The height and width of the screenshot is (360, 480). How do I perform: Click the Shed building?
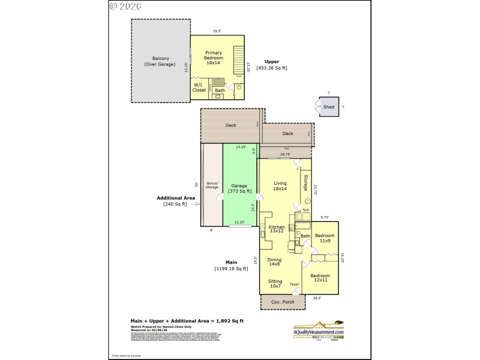tap(328, 107)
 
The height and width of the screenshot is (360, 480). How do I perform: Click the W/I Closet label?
tap(199, 88)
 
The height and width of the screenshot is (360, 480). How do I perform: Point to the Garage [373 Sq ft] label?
tap(239, 188)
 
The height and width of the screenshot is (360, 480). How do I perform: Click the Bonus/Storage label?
tap(212, 185)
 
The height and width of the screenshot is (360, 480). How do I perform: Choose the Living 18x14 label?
tap(280, 186)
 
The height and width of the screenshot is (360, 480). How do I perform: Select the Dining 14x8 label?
tap(274, 262)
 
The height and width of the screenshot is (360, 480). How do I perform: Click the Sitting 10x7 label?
tap(275, 283)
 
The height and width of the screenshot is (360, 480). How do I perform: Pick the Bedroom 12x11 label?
tap(320, 278)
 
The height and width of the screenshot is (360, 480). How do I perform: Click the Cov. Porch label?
tap(283, 302)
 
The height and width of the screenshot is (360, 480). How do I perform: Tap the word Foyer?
tap(295, 284)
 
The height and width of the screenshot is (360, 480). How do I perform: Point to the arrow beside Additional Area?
tap(195, 204)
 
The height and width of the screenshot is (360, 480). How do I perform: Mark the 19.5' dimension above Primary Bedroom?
tap(216, 31)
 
